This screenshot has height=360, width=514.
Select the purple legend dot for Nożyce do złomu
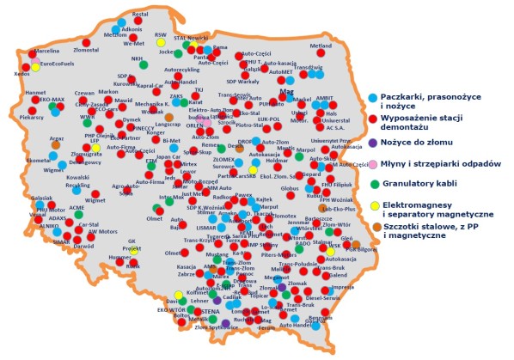(x=371, y=142)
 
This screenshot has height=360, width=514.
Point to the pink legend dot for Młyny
(x=371, y=163)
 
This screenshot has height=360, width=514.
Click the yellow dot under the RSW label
(x=161, y=42)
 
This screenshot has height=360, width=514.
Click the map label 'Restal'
(x=141, y=15)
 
